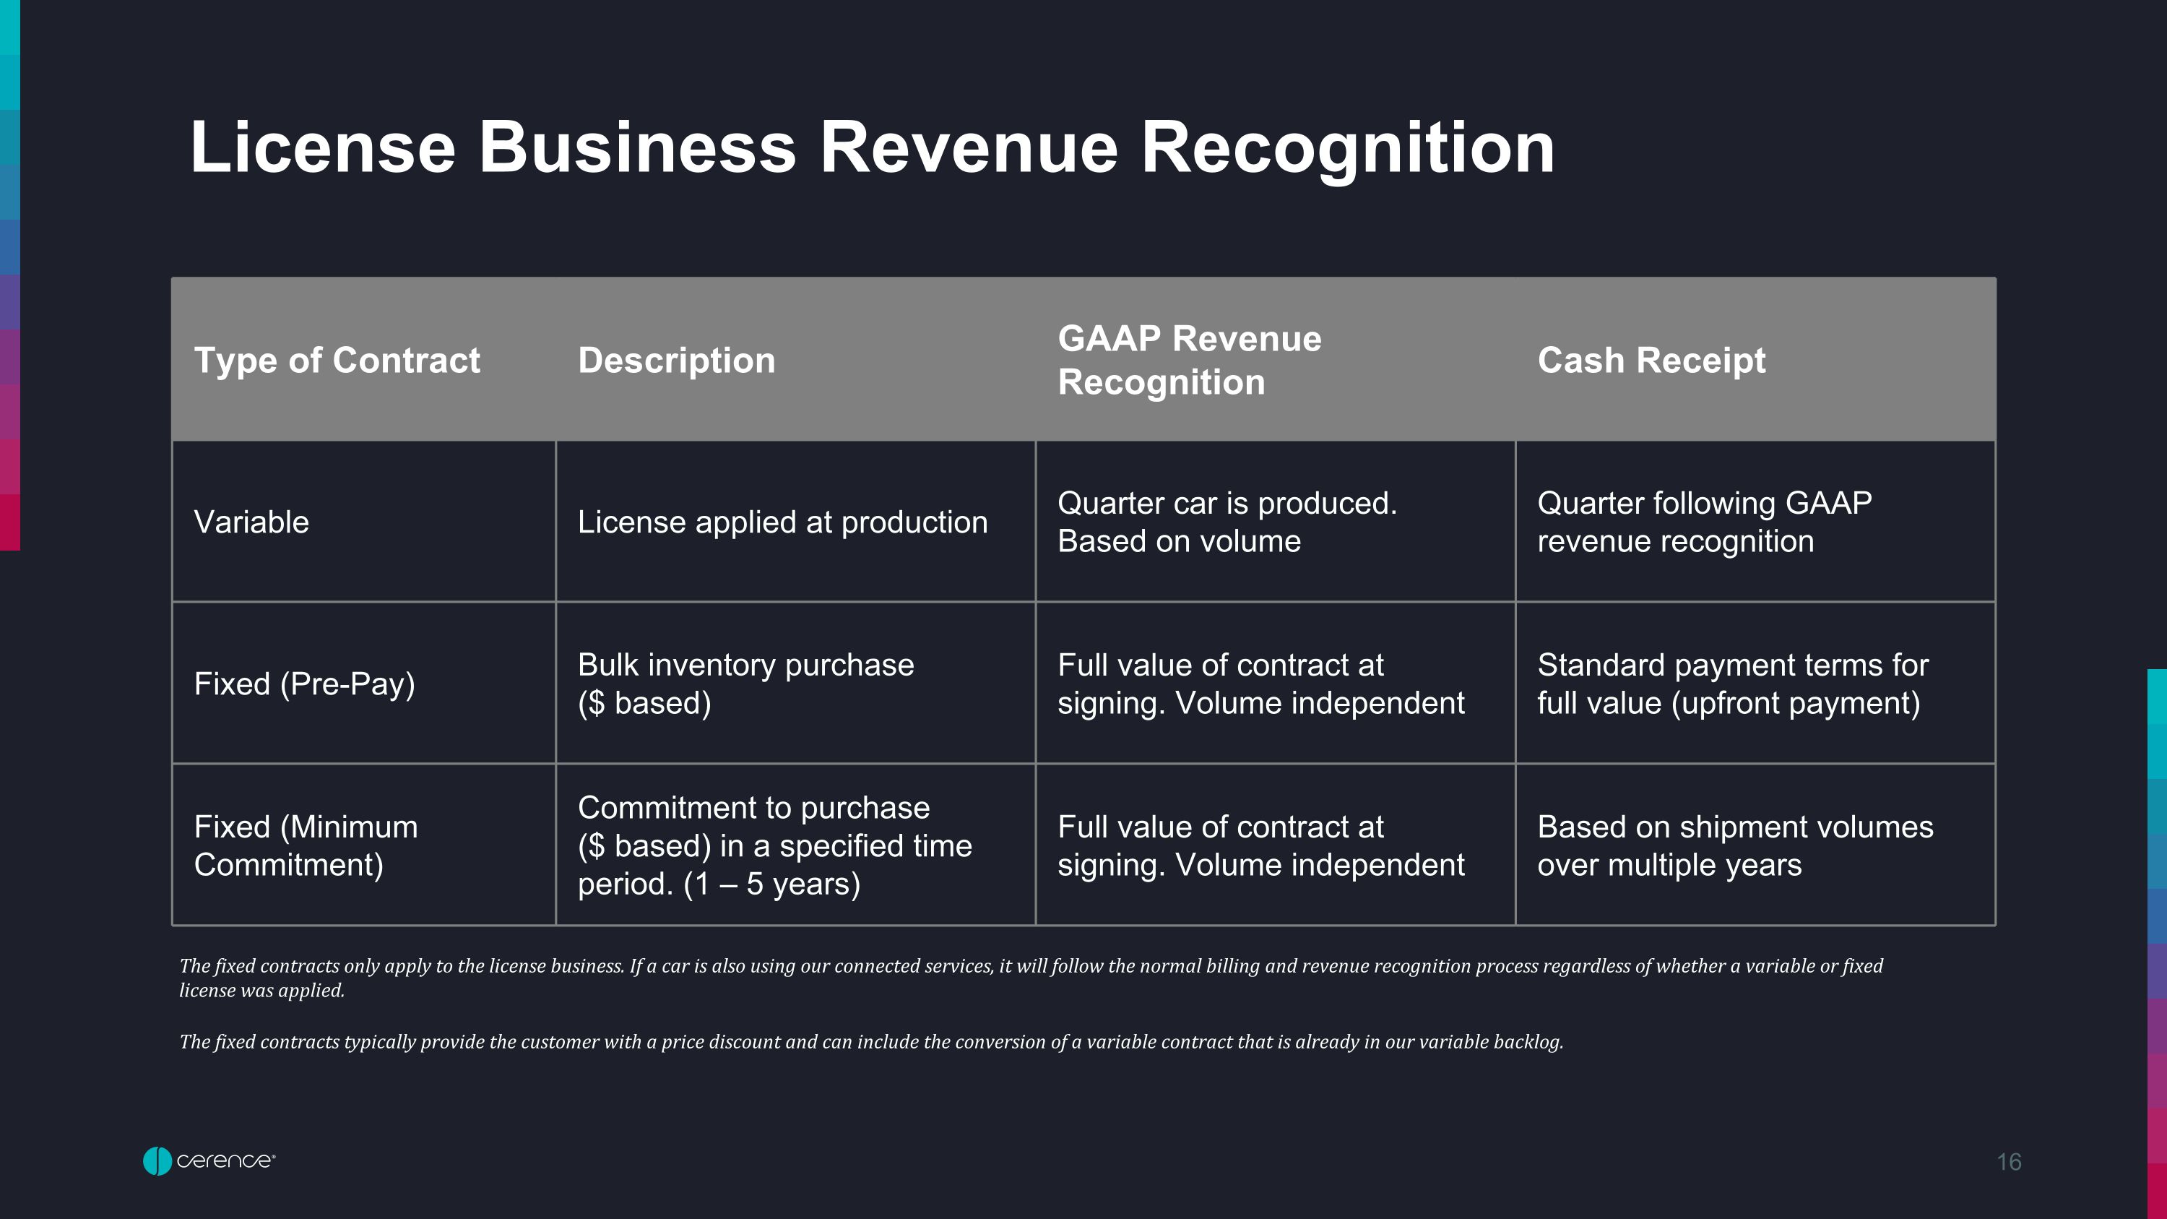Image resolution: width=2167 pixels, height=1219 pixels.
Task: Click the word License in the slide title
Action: coord(323,147)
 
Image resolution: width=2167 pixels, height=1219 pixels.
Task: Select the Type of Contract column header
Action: coord(337,360)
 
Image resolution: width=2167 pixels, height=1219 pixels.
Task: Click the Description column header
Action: coord(676,361)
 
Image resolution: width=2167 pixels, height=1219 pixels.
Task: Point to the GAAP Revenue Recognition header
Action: coord(1190,360)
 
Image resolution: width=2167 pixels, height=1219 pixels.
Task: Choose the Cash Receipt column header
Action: coord(1651,360)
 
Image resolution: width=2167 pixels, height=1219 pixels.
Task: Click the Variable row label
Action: coord(251,522)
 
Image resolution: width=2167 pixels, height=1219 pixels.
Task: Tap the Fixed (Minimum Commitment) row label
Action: coord(306,845)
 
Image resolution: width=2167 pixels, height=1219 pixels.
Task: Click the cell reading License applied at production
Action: coord(782,522)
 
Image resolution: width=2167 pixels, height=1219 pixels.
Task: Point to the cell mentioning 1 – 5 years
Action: coord(775,845)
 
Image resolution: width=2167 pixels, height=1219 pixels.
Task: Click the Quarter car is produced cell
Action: coord(1227,522)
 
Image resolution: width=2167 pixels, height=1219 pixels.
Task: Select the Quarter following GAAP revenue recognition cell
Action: coord(1704,522)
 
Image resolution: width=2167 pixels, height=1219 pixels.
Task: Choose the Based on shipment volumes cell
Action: coord(1736,845)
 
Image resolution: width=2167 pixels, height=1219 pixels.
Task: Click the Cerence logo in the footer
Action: coord(209,1161)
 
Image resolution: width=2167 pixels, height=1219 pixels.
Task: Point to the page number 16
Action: coord(2009,1162)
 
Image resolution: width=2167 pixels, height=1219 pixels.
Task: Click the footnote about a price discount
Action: coord(870,1041)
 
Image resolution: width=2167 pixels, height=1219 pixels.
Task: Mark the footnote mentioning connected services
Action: coord(1031,978)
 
